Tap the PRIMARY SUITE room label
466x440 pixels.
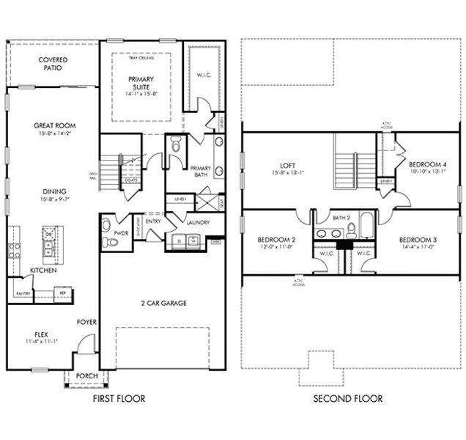(142, 83)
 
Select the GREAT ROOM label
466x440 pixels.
(54, 125)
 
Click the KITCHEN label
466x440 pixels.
(43, 271)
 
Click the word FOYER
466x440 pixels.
(86, 321)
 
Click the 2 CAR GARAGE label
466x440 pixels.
(162, 302)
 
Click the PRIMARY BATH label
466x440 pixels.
(200, 171)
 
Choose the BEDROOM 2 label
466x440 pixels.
(276, 240)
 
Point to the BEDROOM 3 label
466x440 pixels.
(418, 240)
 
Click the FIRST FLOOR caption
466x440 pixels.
(119, 398)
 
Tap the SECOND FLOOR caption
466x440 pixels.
(347, 398)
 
